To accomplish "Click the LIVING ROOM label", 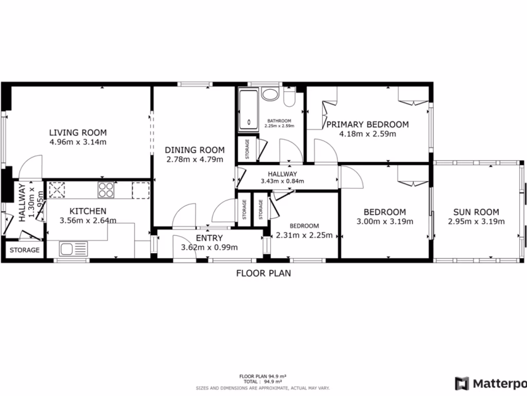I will (78, 133).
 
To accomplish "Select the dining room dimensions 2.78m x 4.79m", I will (195, 159).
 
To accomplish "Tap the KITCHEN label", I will (88, 211).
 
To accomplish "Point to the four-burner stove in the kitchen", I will (106, 190).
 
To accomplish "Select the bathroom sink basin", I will (269, 94).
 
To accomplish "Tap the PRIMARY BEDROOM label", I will (367, 124).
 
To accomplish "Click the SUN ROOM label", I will (476, 212).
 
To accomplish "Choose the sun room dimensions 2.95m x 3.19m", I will (476, 222).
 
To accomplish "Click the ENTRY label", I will (209, 238).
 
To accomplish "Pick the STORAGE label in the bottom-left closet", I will (25, 250).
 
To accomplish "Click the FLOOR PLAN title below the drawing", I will (263, 273).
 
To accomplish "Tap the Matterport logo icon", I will (462, 383).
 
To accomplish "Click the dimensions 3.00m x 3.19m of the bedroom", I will (384, 222).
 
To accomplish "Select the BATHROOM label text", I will (279, 121).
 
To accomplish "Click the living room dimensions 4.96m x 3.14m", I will (78, 142).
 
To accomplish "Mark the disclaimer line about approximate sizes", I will (263, 387).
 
